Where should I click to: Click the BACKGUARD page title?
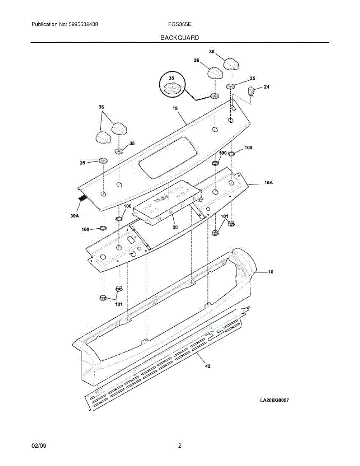click(x=180, y=38)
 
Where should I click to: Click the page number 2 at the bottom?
click(x=180, y=446)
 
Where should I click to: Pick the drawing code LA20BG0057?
click(x=275, y=400)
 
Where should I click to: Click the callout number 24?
click(x=266, y=87)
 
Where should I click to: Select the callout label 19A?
click(x=268, y=182)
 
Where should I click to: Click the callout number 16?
click(x=270, y=272)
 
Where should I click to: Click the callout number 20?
click(x=175, y=227)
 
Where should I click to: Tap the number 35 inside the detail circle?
click(x=171, y=78)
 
